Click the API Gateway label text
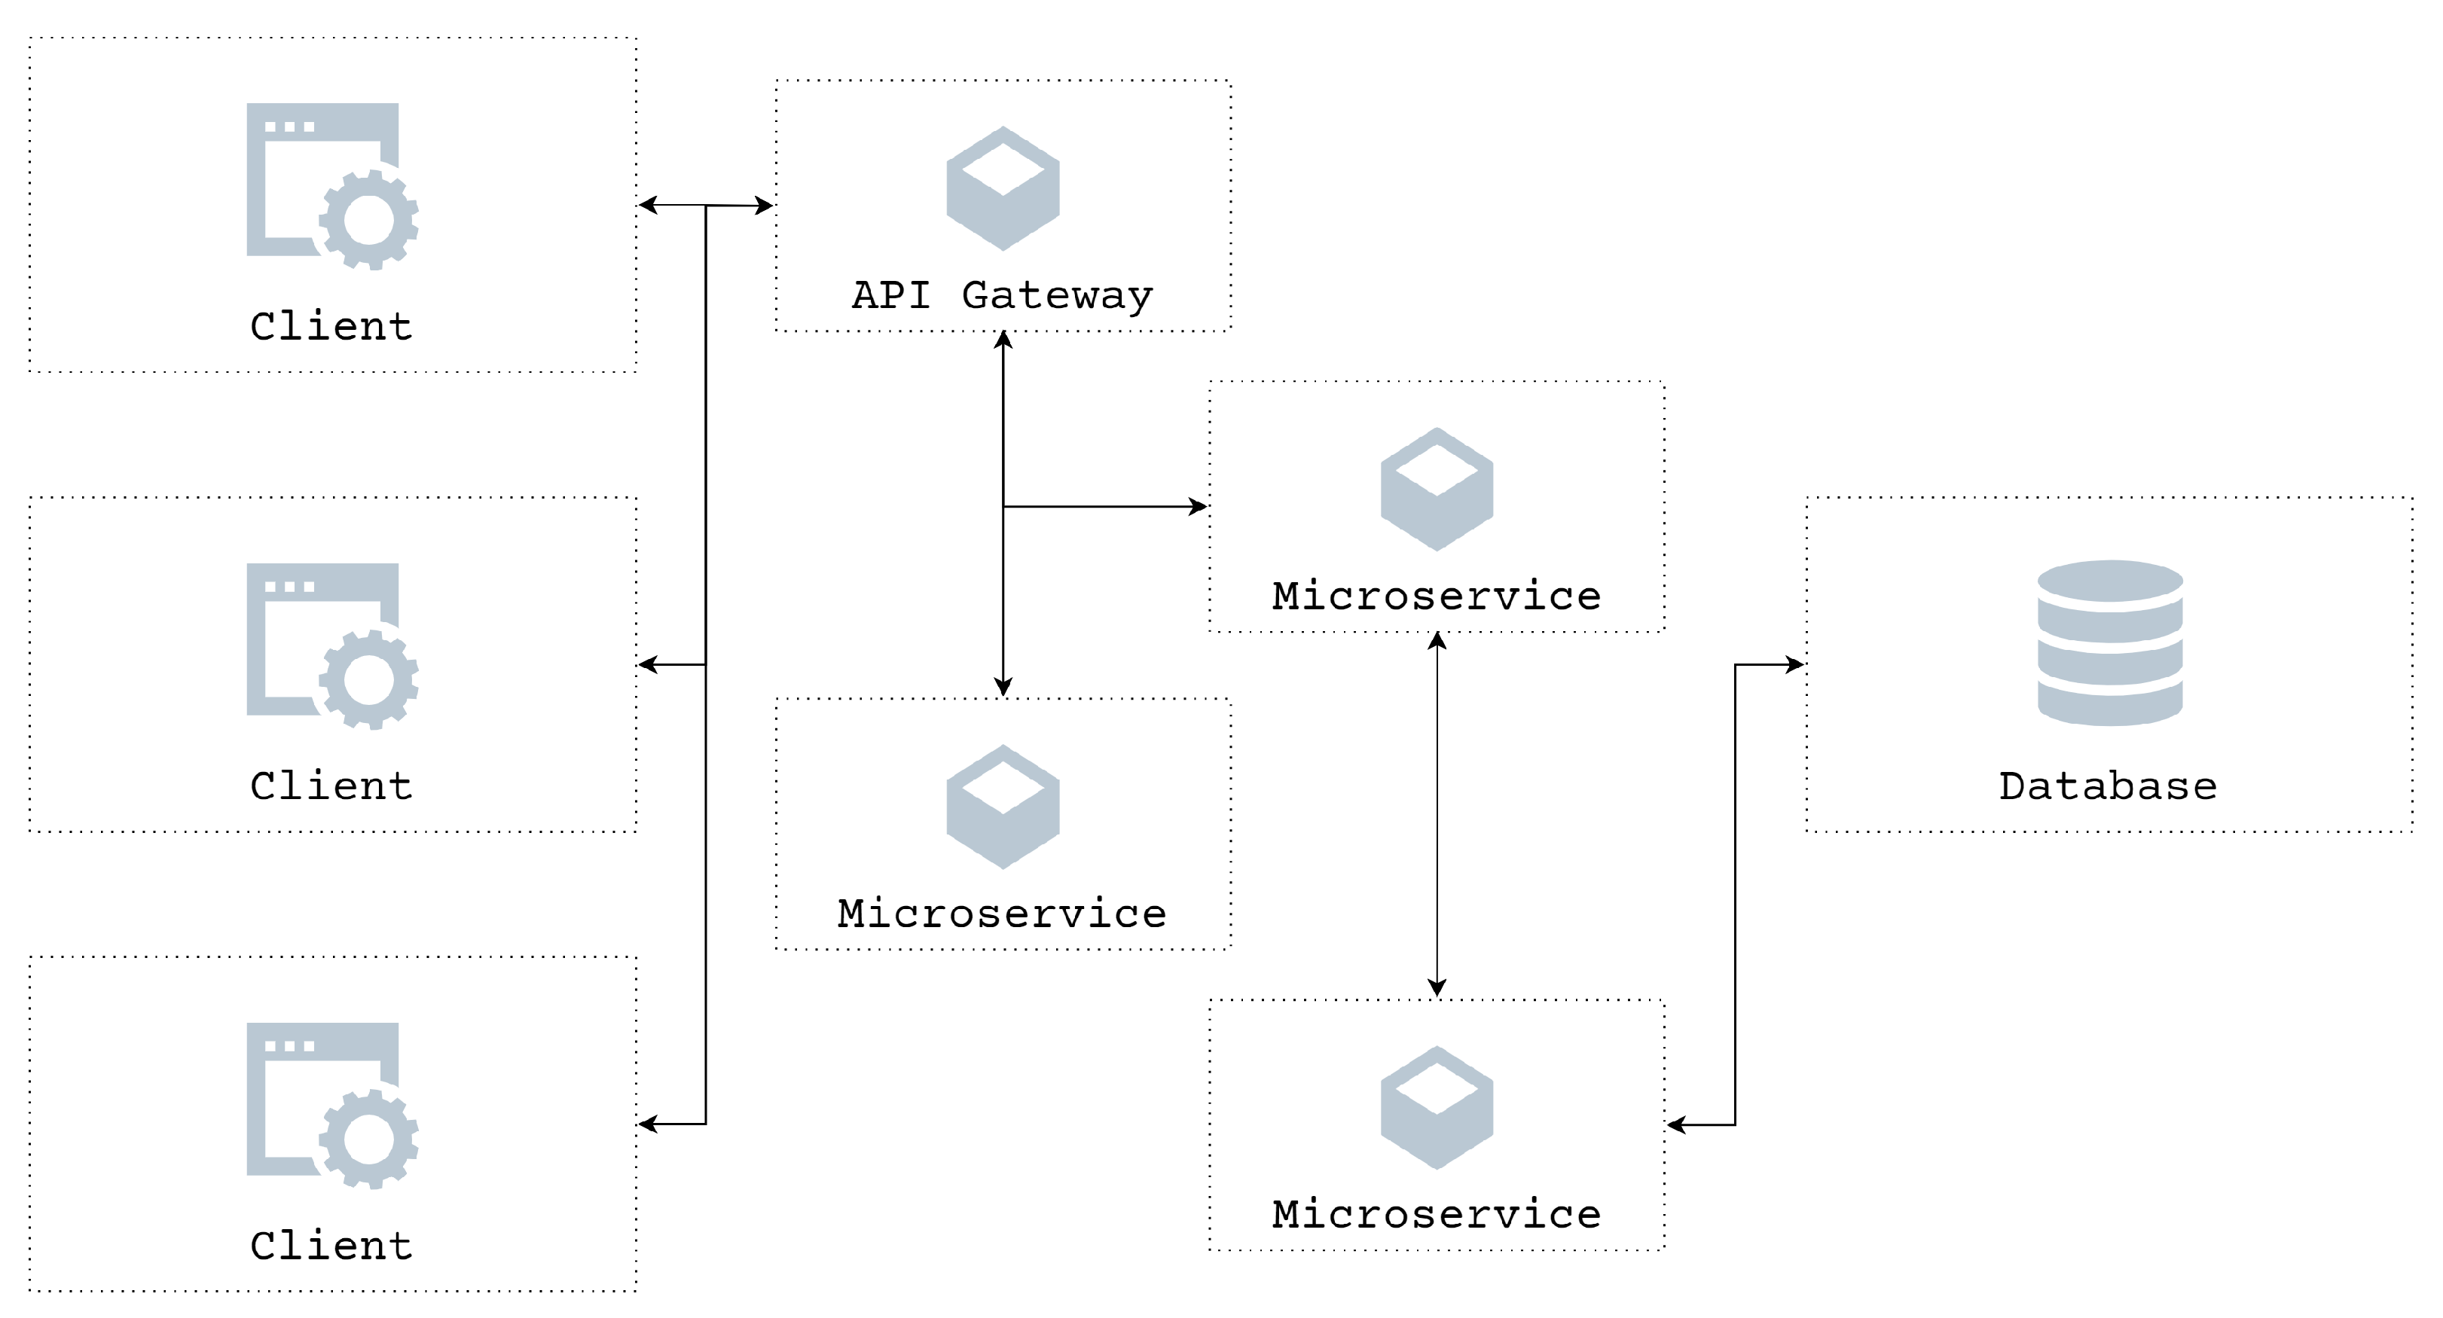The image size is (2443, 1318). (1003, 295)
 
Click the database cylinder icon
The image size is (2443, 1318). (2109, 643)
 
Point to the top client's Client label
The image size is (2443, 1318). (331, 326)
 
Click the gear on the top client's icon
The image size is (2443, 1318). (369, 220)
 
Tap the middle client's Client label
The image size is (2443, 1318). (331, 786)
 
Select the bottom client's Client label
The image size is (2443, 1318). (331, 1245)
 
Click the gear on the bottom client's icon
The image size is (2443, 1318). (369, 1139)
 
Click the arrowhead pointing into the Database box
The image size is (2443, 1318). (1794, 665)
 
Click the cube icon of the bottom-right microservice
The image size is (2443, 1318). (1436, 1108)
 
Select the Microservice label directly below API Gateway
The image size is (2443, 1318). (1003, 913)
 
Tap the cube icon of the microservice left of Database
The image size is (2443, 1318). (1436, 490)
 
